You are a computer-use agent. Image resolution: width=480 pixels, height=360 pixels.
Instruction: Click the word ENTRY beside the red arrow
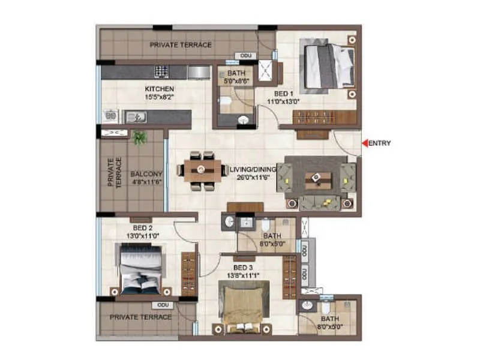(x=379, y=143)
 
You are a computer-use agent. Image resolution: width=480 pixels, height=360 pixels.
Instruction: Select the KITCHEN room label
(x=146, y=89)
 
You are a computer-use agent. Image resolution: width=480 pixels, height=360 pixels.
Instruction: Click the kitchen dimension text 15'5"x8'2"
(x=146, y=97)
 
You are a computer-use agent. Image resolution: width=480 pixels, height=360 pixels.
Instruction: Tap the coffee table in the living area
(x=315, y=178)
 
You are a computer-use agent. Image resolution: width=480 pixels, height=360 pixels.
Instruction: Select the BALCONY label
(x=146, y=175)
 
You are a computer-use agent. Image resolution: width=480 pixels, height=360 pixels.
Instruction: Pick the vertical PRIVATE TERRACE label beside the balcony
(x=114, y=173)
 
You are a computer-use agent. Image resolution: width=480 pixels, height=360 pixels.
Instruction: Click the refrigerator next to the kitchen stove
(x=198, y=72)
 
